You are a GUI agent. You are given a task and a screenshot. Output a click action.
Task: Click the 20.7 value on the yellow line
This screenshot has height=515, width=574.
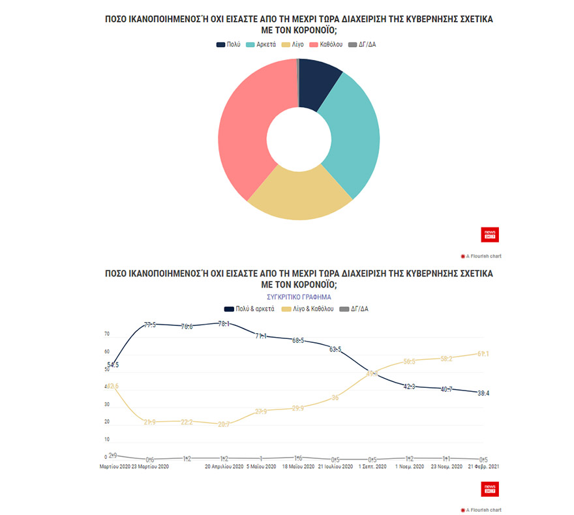click(x=224, y=424)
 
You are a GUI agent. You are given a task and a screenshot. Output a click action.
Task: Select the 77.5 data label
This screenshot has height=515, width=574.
click(x=149, y=324)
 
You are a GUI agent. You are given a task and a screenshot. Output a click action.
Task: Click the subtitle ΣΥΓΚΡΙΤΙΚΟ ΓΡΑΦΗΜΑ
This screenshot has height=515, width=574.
click(x=299, y=297)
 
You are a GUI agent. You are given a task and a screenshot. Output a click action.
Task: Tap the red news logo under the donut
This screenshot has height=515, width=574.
click(x=489, y=235)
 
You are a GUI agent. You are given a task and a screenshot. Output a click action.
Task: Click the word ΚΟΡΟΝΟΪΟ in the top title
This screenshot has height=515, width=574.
click(x=313, y=30)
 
